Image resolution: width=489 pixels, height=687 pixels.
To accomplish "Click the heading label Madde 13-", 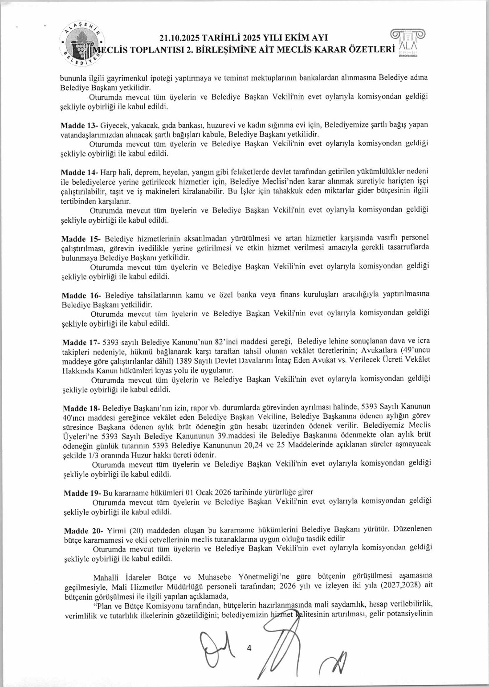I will coord(79,125).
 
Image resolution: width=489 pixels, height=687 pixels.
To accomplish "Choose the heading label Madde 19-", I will coord(82,493).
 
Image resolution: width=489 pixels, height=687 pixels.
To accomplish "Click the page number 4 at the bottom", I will coord(249,648).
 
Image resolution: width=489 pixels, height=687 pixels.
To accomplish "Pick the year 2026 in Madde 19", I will coord(223,492).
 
